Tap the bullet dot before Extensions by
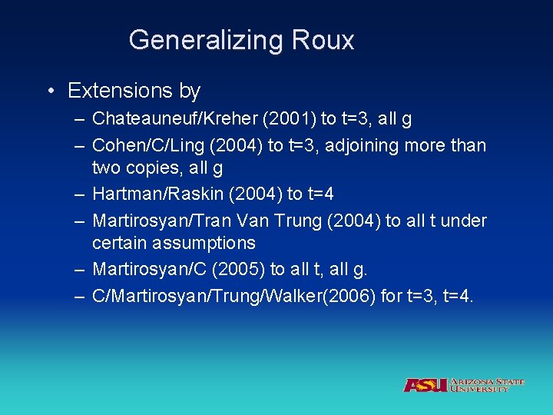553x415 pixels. [x=49, y=91]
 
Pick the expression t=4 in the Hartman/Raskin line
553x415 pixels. [x=325, y=194]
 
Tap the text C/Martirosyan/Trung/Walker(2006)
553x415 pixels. [x=234, y=296]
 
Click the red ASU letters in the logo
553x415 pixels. [x=425, y=385]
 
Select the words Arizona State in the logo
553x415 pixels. [x=488, y=381]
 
